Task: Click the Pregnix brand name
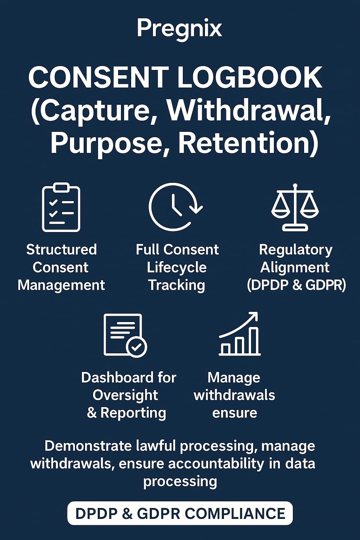179,28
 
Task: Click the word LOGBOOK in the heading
250,78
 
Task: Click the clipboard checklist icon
61,207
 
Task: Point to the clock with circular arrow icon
175,207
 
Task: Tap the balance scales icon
295,207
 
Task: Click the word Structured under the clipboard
62,250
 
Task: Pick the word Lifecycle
177,268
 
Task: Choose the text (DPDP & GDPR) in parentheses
296,285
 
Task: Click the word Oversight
125,395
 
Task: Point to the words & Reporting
127,413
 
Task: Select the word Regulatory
296,250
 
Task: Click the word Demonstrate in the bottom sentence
88,446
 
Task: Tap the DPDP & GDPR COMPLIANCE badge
180,514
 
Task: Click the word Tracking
176,285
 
